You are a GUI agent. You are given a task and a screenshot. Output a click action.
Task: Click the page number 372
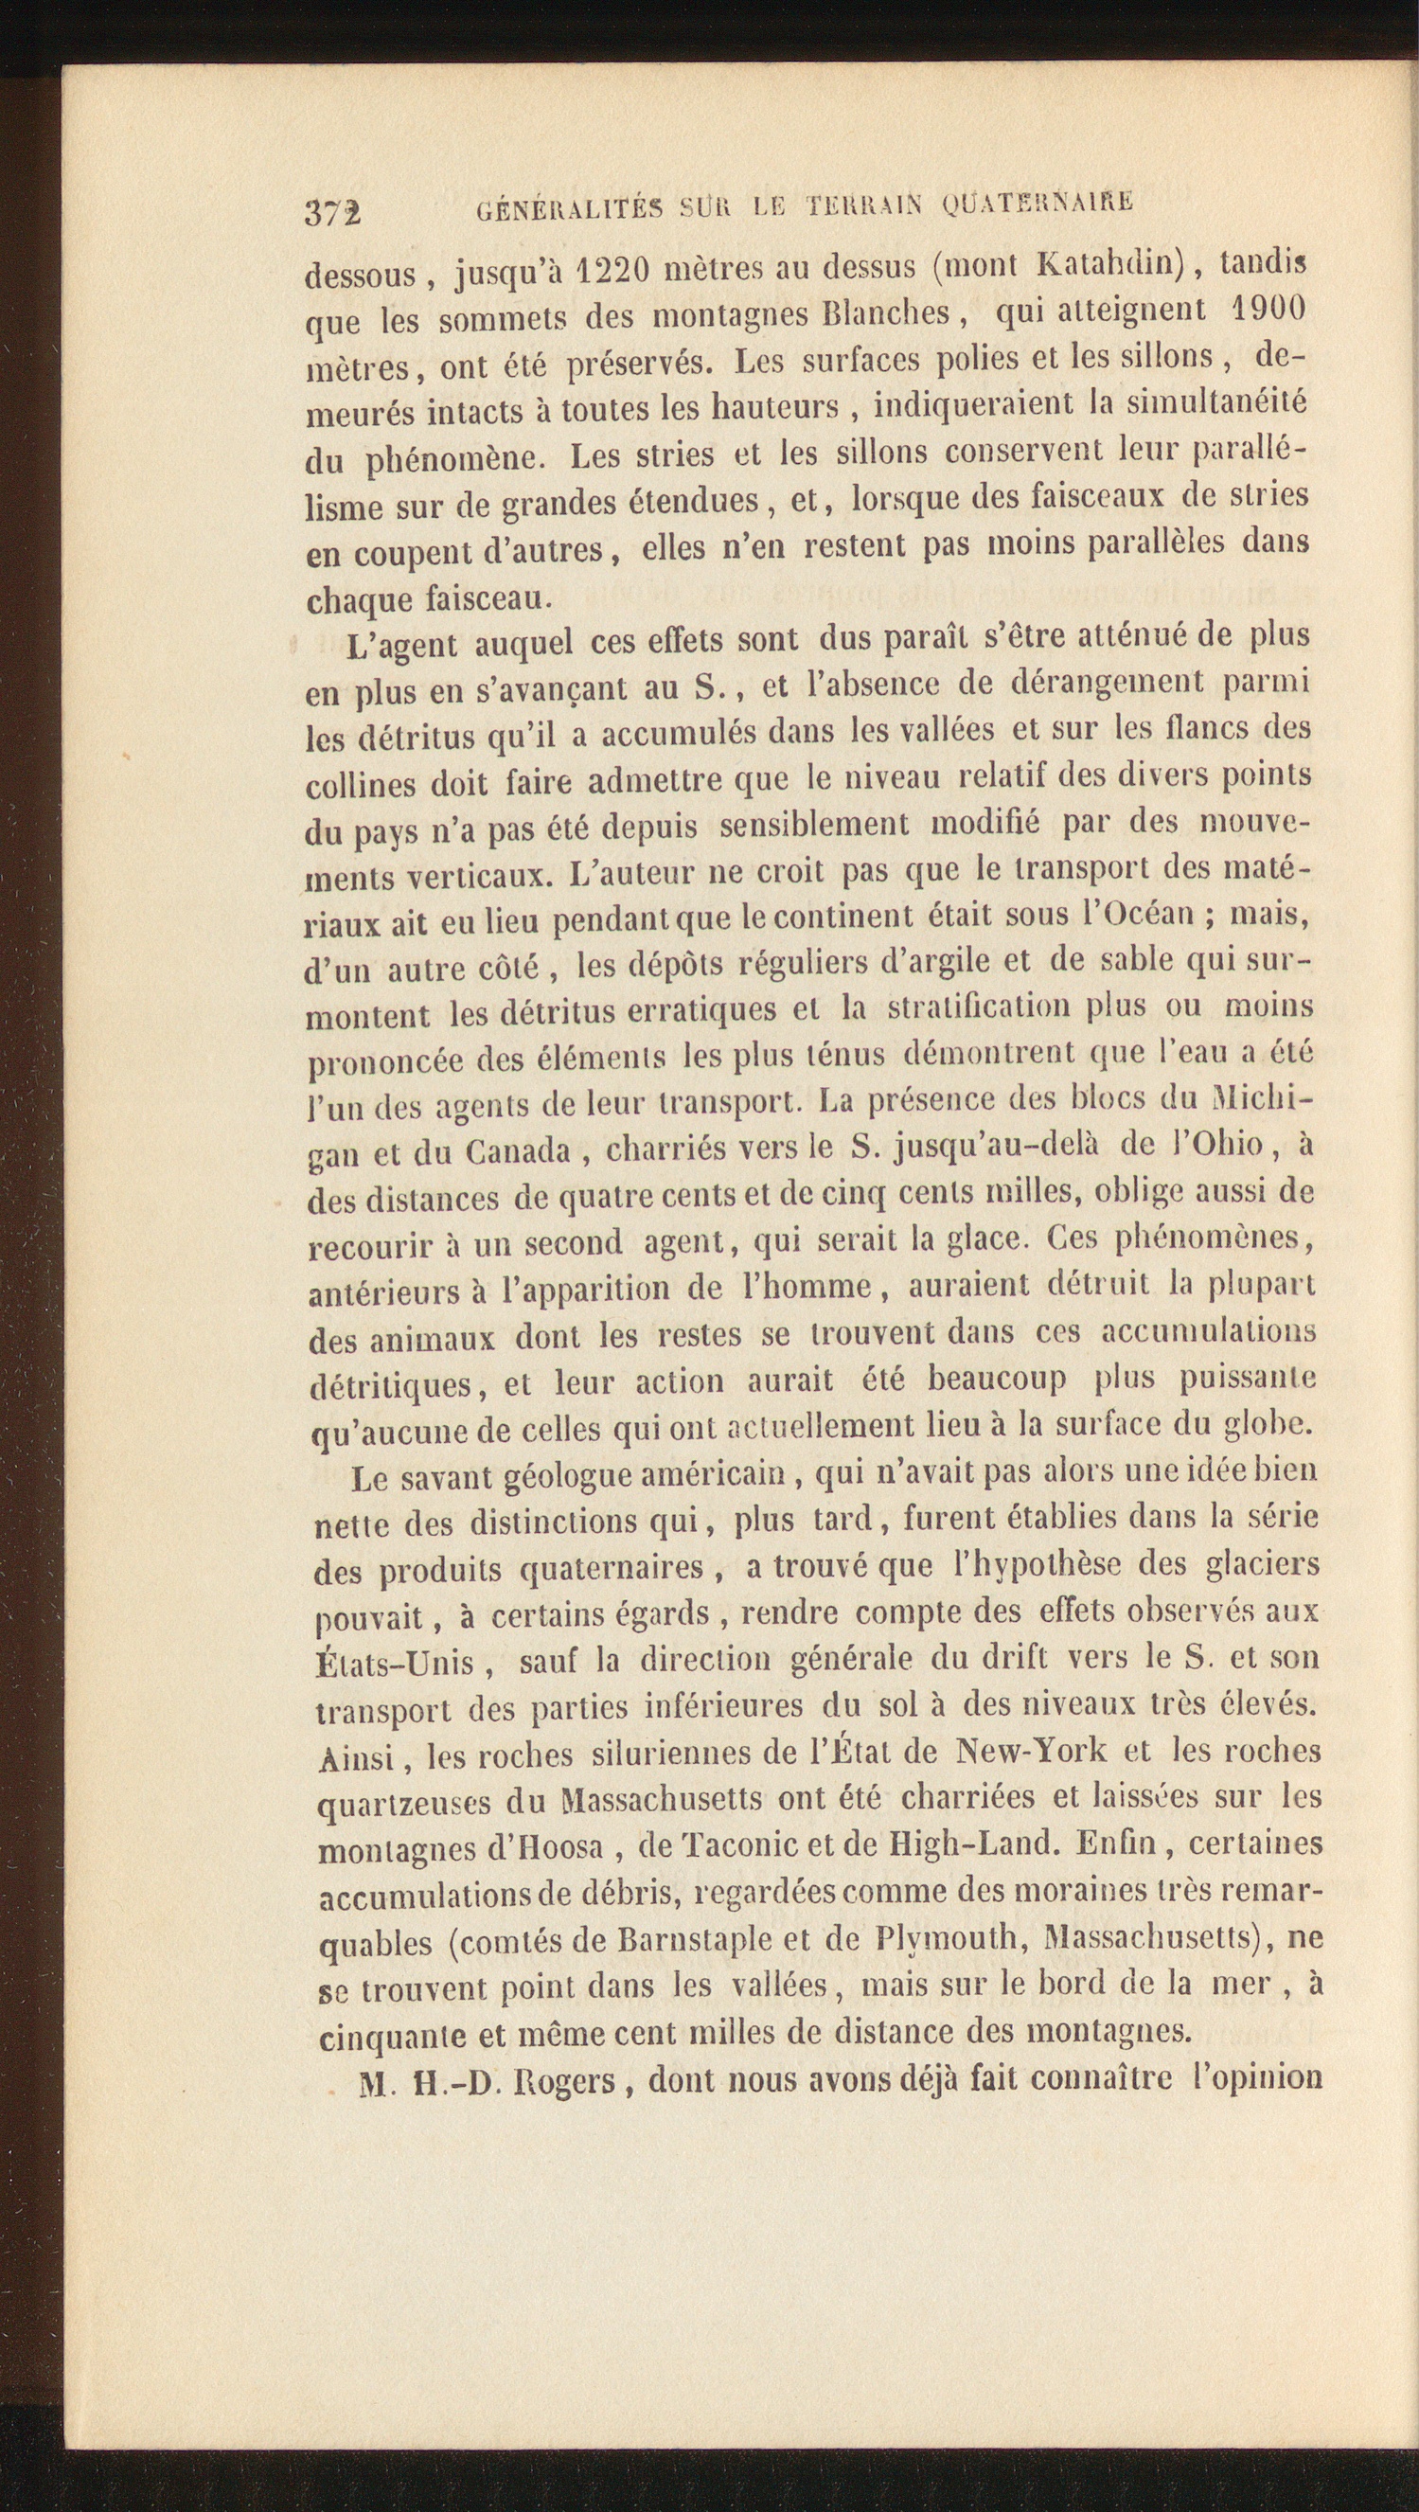pyautogui.click(x=332, y=211)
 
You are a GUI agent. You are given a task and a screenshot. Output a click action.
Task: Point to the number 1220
pyautogui.click(x=613, y=269)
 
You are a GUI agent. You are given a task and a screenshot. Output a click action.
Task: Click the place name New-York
pyautogui.click(x=1033, y=1752)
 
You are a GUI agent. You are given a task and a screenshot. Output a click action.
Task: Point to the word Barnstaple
pyautogui.click(x=695, y=1938)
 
